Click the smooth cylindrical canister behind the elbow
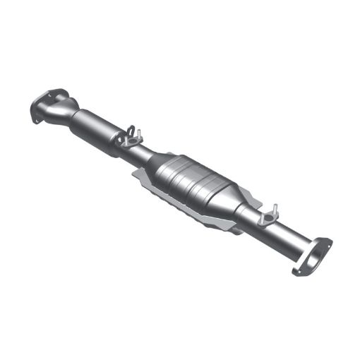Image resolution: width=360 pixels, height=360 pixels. pyautogui.click(x=95, y=128)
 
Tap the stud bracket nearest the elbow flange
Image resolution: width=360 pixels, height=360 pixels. pyautogui.click(x=130, y=138)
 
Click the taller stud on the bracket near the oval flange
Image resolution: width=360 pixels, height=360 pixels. pyautogui.click(x=275, y=210)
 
